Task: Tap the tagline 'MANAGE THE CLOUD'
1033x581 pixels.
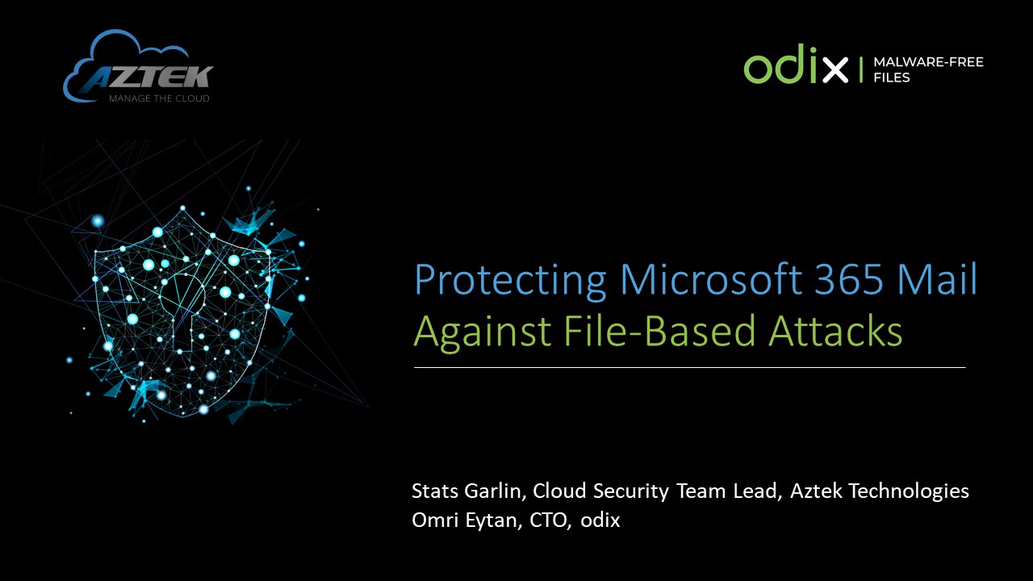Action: [x=159, y=98]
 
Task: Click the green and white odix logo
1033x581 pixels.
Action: [x=796, y=64]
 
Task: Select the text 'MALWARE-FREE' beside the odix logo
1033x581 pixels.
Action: [x=928, y=62]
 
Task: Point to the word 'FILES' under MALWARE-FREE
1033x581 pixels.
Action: [x=892, y=77]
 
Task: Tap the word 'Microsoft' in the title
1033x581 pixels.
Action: [x=711, y=279]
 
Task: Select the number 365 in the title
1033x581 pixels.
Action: [x=849, y=279]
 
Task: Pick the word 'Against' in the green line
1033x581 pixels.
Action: [x=483, y=333]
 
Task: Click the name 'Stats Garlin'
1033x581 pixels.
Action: [x=466, y=491]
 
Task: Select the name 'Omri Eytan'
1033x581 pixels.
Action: [x=465, y=520]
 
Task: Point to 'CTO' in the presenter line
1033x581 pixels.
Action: [x=548, y=520]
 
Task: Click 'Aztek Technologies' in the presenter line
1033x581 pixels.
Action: [x=880, y=491]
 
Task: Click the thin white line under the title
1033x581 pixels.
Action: [x=690, y=367]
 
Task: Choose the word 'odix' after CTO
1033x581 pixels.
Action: [x=600, y=520]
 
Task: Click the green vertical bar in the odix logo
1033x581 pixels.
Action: [x=861, y=69]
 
